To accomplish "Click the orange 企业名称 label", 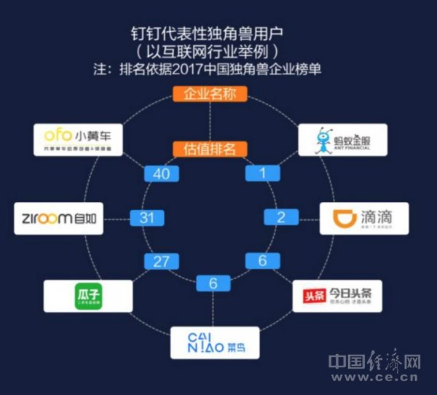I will click(x=210, y=94).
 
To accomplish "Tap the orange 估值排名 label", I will click(x=210, y=149).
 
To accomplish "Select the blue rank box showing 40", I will click(x=160, y=173).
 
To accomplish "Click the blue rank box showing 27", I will click(x=160, y=260).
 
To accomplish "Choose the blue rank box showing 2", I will click(x=279, y=216).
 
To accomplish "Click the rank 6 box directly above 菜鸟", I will click(x=211, y=282).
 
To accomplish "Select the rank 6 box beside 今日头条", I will click(x=261, y=260).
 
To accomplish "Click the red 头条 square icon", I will click(x=315, y=297).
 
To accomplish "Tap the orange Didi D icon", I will click(x=343, y=217).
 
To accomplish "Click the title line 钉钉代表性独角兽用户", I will click(x=210, y=34).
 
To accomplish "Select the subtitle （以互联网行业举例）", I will click(x=210, y=52).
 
